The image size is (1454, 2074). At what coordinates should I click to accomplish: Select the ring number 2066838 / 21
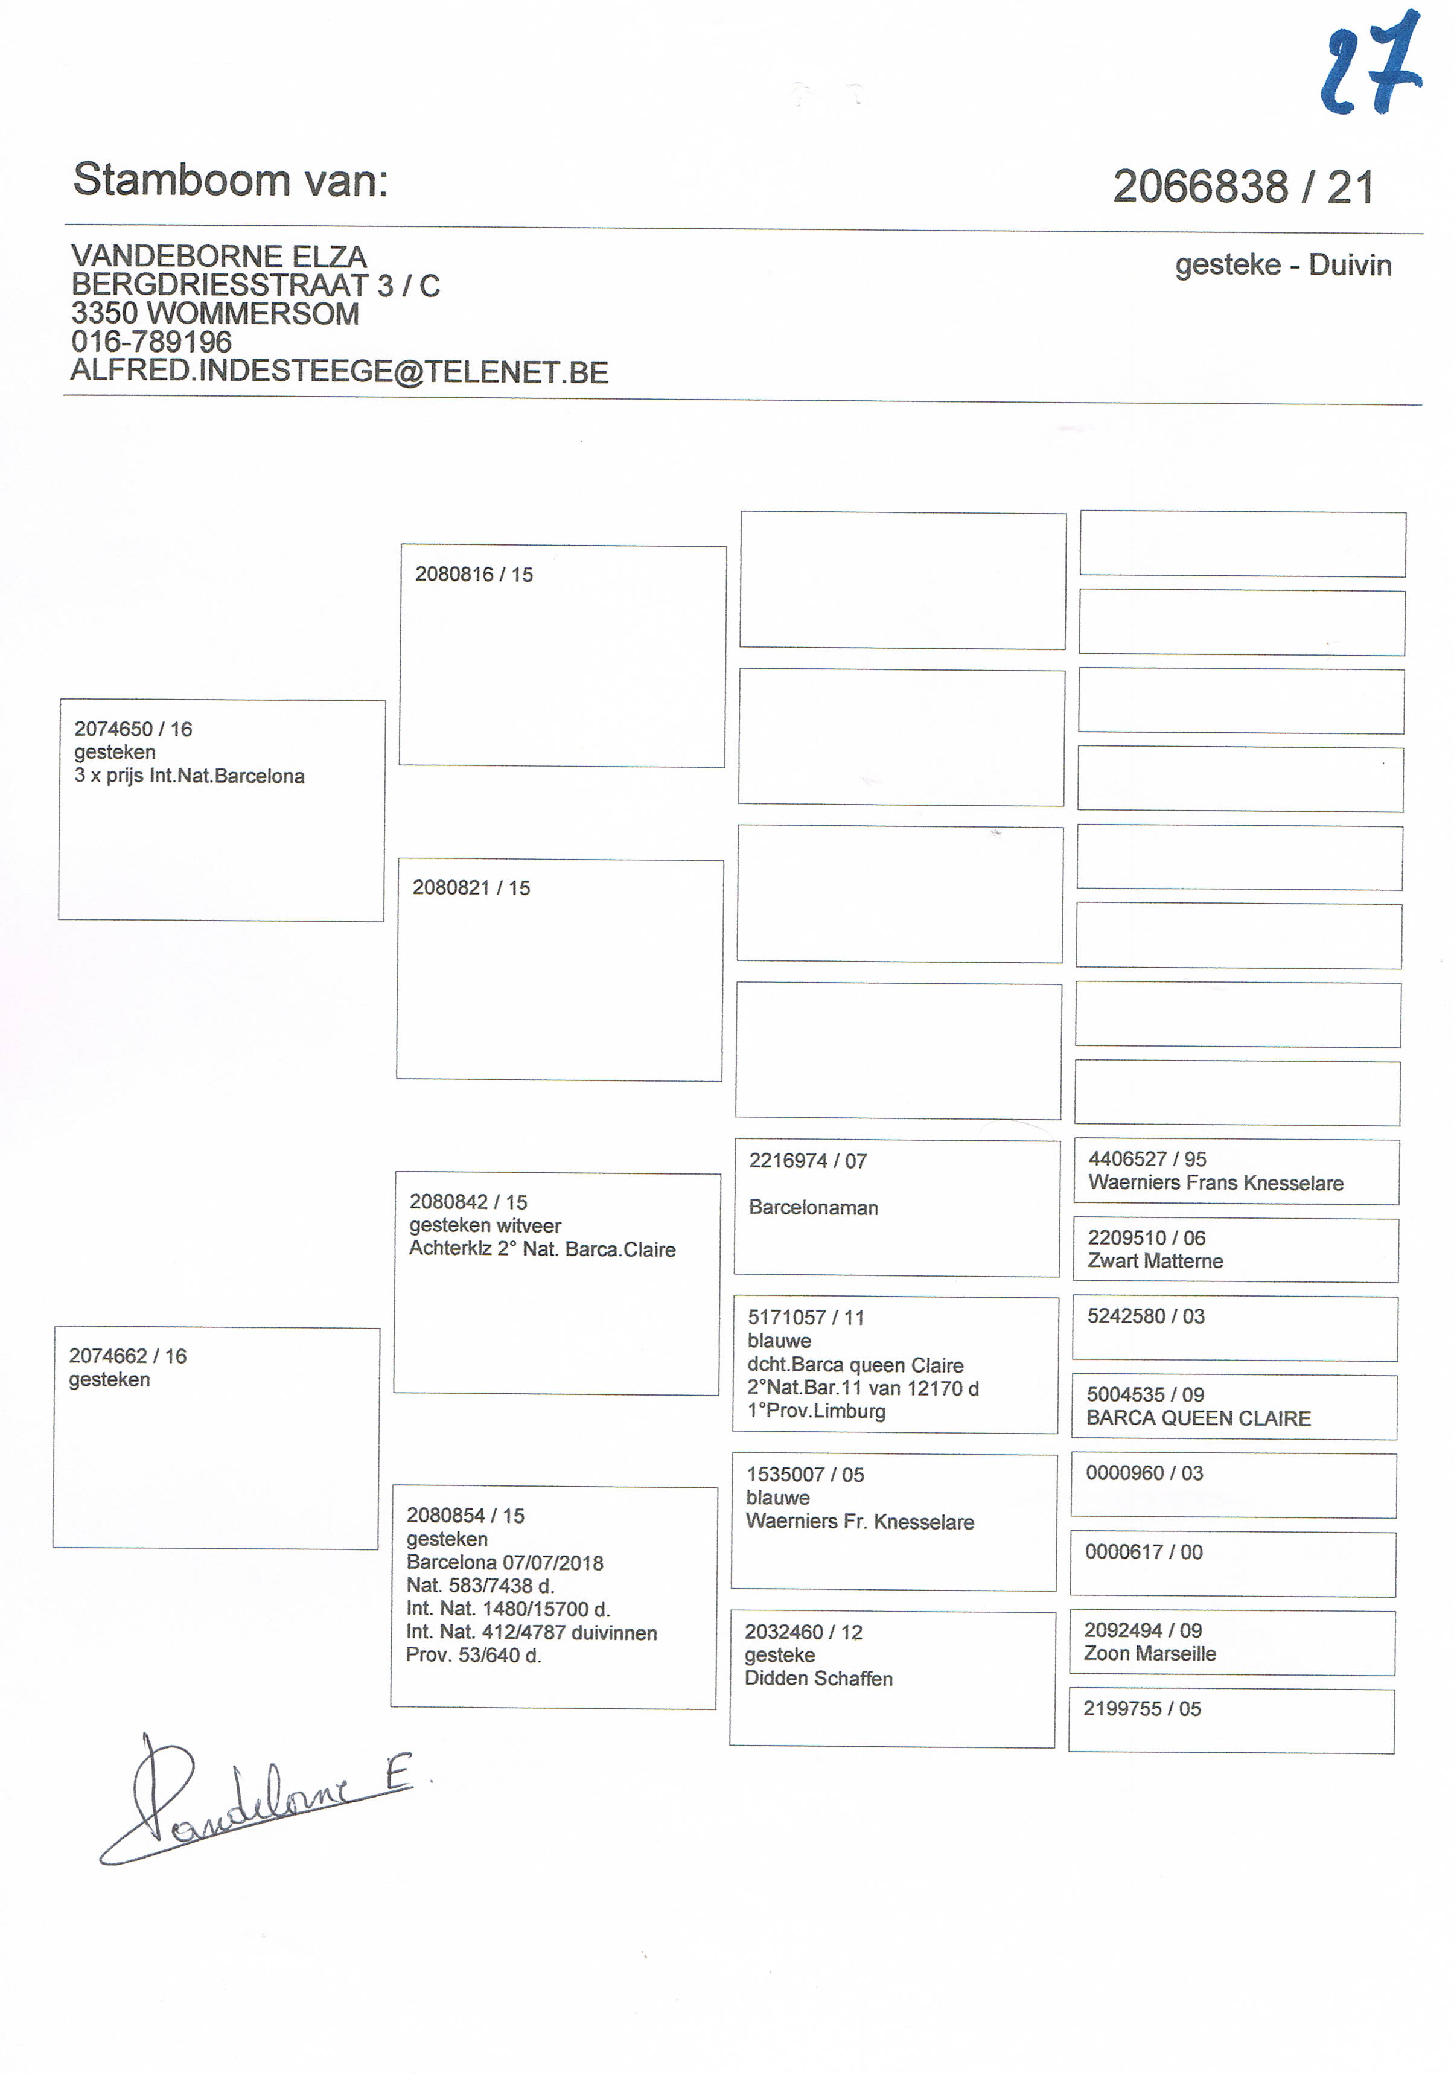(x=1243, y=187)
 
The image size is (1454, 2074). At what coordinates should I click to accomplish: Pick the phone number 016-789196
(x=151, y=342)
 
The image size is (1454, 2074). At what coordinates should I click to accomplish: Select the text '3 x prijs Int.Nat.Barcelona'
(x=189, y=776)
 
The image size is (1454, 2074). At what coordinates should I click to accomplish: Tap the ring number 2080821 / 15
(x=471, y=888)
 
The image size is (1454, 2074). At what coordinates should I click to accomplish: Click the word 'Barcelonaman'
(x=813, y=1208)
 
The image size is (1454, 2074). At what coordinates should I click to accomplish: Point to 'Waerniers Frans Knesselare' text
(x=1216, y=1183)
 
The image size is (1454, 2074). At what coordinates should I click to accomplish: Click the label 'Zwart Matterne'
(x=1155, y=1261)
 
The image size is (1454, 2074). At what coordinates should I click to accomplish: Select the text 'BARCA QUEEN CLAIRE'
(x=1199, y=1418)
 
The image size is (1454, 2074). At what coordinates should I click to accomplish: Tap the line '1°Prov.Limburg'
(x=817, y=1411)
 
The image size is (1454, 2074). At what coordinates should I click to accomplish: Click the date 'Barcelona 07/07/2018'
(x=504, y=1563)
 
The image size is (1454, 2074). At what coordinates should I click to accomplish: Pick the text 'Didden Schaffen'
(x=818, y=1679)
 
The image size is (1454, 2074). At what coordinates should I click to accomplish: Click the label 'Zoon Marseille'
(x=1150, y=1653)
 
